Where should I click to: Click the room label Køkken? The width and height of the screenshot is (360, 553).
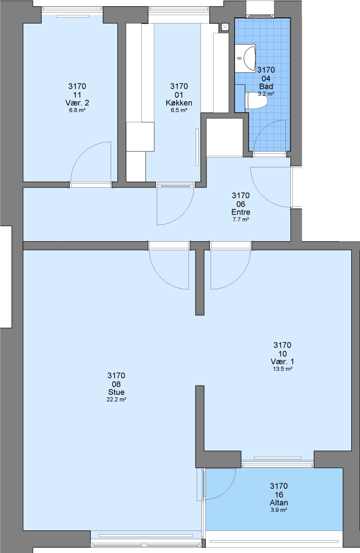(x=179, y=103)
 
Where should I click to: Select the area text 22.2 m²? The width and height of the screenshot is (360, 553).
(x=116, y=399)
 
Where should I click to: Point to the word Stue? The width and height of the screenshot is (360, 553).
(x=116, y=392)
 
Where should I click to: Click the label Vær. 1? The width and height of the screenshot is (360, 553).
(x=282, y=361)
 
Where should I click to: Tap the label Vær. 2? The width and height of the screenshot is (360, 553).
(x=77, y=103)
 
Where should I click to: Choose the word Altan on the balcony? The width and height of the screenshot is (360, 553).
(x=279, y=503)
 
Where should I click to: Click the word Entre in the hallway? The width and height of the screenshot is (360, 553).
(x=241, y=212)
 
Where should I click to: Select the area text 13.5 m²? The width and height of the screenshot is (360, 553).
(x=282, y=369)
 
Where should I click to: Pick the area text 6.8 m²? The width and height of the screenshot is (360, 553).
(x=77, y=110)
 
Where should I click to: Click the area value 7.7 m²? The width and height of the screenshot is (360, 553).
(x=241, y=219)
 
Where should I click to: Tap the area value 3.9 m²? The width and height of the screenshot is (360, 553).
(x=279, y=510)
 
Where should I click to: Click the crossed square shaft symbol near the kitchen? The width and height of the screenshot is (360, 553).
(x=225, y=27)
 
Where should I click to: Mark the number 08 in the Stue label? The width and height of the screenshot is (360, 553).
(x=116, y=384)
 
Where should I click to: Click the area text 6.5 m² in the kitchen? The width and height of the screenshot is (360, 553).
(x=179, y=110)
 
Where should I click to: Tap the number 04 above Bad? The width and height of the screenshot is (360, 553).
(x=266, y=78)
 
